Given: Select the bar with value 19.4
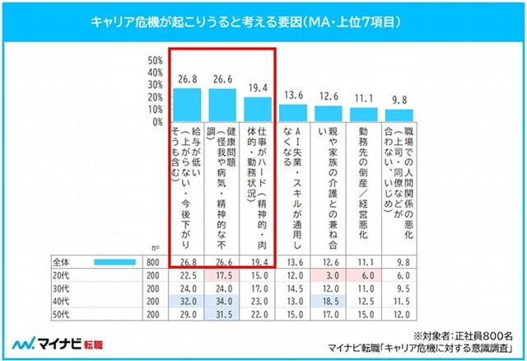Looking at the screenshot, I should tap(258, 109).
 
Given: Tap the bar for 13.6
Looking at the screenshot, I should tap(292, 112).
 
